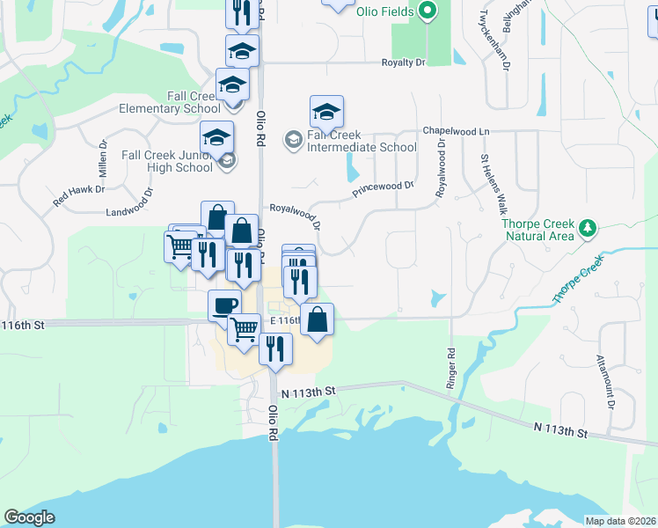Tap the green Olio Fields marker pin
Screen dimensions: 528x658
[x=428, y=11]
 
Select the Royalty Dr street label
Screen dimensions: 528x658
[x=403, y=62]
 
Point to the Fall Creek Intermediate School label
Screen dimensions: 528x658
[x=362, y=142]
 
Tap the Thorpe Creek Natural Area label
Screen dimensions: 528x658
[x=538, y=230]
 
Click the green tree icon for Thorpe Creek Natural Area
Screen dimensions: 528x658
[x=587, y=230]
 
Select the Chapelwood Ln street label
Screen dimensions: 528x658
[x=456, y=130]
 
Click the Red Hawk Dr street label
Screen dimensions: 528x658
[x=79, y=195]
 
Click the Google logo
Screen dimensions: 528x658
[x=29, y=517]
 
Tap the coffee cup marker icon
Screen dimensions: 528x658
[x=223, y=305]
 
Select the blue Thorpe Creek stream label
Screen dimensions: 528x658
[x=579, y=280]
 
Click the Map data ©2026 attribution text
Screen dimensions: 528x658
[x=620, y=521]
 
